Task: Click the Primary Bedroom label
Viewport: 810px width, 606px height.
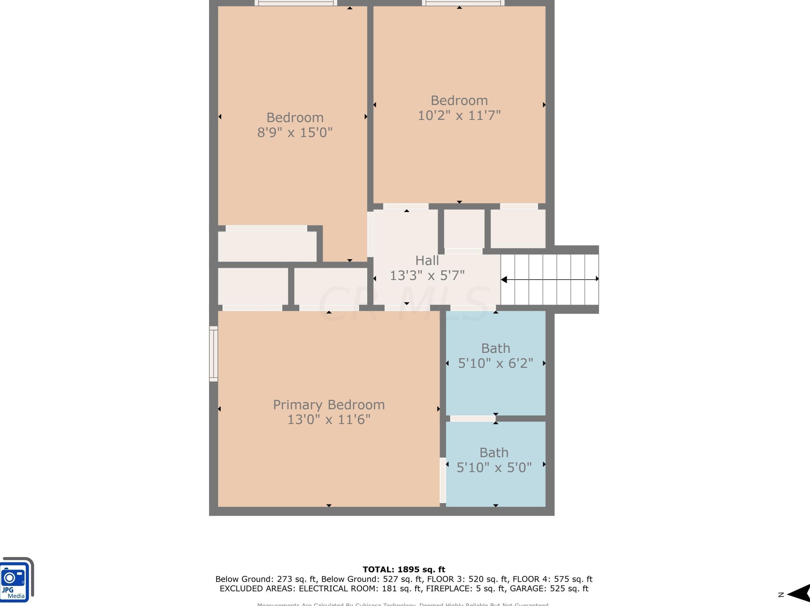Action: (x=329, y=405)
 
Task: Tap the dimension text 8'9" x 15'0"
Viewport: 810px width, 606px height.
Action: (x=295, y=132)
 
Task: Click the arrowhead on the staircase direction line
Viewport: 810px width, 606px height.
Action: (x=504, y=279)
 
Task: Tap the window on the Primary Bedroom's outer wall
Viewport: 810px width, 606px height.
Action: (x=214, y=354)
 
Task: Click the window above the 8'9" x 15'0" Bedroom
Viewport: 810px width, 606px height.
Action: (x=296, y=3)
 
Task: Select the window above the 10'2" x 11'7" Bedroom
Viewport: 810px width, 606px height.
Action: (x=463, y=3)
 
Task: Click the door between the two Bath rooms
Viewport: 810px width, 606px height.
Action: (x=472, y=418)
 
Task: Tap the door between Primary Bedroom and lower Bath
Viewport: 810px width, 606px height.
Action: (x=443, y=480)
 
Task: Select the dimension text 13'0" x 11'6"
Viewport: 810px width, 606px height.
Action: (x=328, y=420)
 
